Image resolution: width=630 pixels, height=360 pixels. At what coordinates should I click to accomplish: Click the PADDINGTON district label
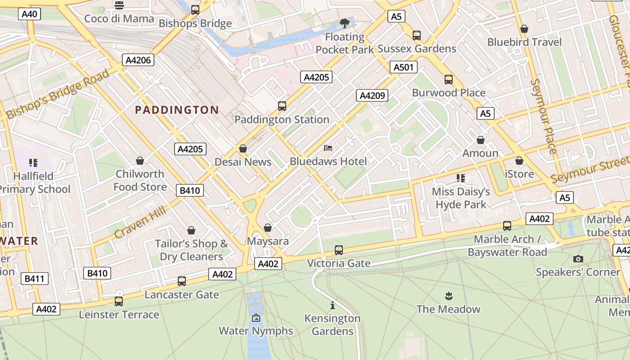(177, 110)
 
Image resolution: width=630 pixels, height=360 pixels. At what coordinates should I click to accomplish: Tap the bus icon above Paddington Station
(282, 106)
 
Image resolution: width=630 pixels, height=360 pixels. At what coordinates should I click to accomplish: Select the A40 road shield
(30, 14)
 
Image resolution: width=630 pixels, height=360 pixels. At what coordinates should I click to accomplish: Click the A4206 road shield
(138, 60)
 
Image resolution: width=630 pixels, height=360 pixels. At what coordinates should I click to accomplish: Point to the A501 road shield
(403, 67)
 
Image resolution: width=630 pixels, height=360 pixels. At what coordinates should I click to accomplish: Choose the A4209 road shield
(372, 95)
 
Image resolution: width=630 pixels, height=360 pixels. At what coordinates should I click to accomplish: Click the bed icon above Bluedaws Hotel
(328, 148)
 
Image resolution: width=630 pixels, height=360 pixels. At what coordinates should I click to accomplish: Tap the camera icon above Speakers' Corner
(578, 259)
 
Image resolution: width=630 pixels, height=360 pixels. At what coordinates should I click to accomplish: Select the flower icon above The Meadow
(448, 296)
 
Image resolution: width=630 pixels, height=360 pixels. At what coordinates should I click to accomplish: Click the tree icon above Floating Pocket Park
(345, 23)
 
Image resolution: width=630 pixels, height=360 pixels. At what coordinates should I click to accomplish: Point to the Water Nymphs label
(256, 331)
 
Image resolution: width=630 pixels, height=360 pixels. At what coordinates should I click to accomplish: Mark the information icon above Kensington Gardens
(333, 305)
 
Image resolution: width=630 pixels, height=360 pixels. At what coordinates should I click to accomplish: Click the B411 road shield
(34, 279)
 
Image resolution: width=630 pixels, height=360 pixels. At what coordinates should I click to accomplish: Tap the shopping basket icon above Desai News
(243, 148)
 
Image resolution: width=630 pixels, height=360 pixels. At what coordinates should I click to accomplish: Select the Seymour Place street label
(544, 116)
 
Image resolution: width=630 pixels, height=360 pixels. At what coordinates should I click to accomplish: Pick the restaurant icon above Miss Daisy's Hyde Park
(460, 178)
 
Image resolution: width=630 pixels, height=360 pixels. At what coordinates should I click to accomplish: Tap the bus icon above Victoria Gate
(339, 250)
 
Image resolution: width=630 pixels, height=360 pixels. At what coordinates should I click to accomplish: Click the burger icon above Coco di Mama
(119, 5)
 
